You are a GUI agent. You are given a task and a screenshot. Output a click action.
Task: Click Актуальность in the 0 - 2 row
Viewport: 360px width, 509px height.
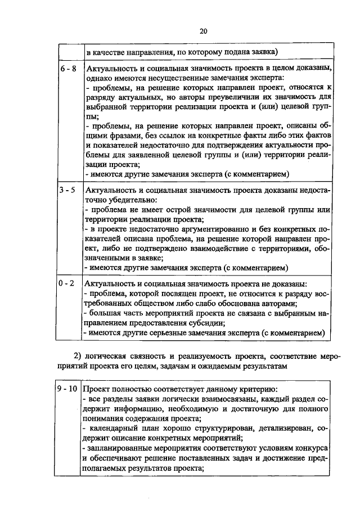[109, 284]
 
